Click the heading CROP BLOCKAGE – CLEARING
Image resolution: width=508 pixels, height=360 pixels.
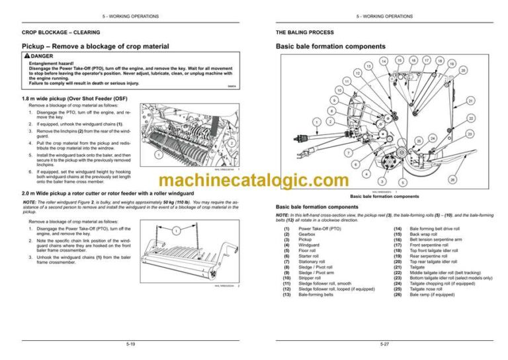[58, 32]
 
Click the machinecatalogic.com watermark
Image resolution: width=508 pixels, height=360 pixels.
[253, 181]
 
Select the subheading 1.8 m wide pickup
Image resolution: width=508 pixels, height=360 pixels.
[74, 98]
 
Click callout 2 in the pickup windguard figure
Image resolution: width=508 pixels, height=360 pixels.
[232, 143]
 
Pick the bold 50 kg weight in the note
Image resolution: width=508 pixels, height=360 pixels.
[187, 203]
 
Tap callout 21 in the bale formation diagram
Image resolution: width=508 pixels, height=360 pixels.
[470, 101]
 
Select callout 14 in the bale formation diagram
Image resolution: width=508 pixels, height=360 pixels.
[384, 61]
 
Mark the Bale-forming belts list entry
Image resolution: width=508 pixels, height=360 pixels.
[316, 294]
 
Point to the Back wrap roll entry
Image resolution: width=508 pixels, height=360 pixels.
[424, 234]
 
